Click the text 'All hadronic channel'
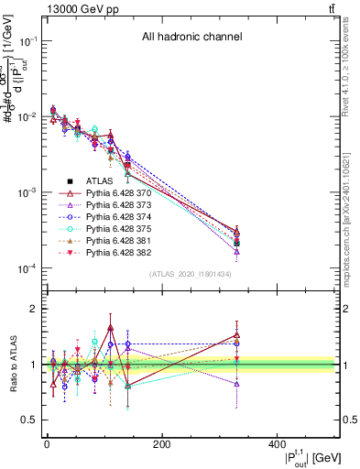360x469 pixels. click(x=191, y=38)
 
